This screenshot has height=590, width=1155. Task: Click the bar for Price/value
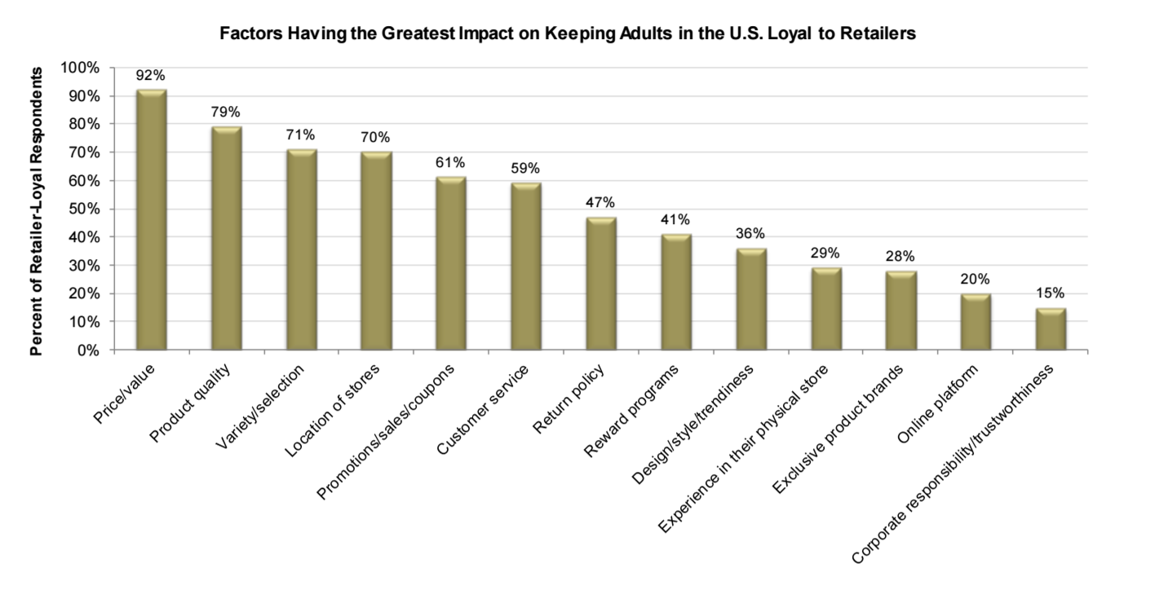click(x=151, y=220)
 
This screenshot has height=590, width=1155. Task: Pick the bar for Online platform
click(x=976, y=322)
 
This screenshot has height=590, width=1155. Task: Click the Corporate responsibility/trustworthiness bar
click(x=1051, y=329)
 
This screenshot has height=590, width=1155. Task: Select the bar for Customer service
click(x=526, y=266)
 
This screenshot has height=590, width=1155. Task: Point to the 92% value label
click(x=151, y=76)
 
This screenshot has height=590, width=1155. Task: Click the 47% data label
click(x=601, y=203)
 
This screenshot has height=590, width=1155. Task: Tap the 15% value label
click(x=1051, y=293)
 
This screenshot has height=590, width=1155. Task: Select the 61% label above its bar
click(x=451, y=163)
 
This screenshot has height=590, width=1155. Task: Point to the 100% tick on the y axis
click(x=82, y=68)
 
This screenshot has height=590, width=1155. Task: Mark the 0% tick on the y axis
click(x=88, y=350)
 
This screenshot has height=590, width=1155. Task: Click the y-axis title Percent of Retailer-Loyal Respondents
click(x=37, y=212)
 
